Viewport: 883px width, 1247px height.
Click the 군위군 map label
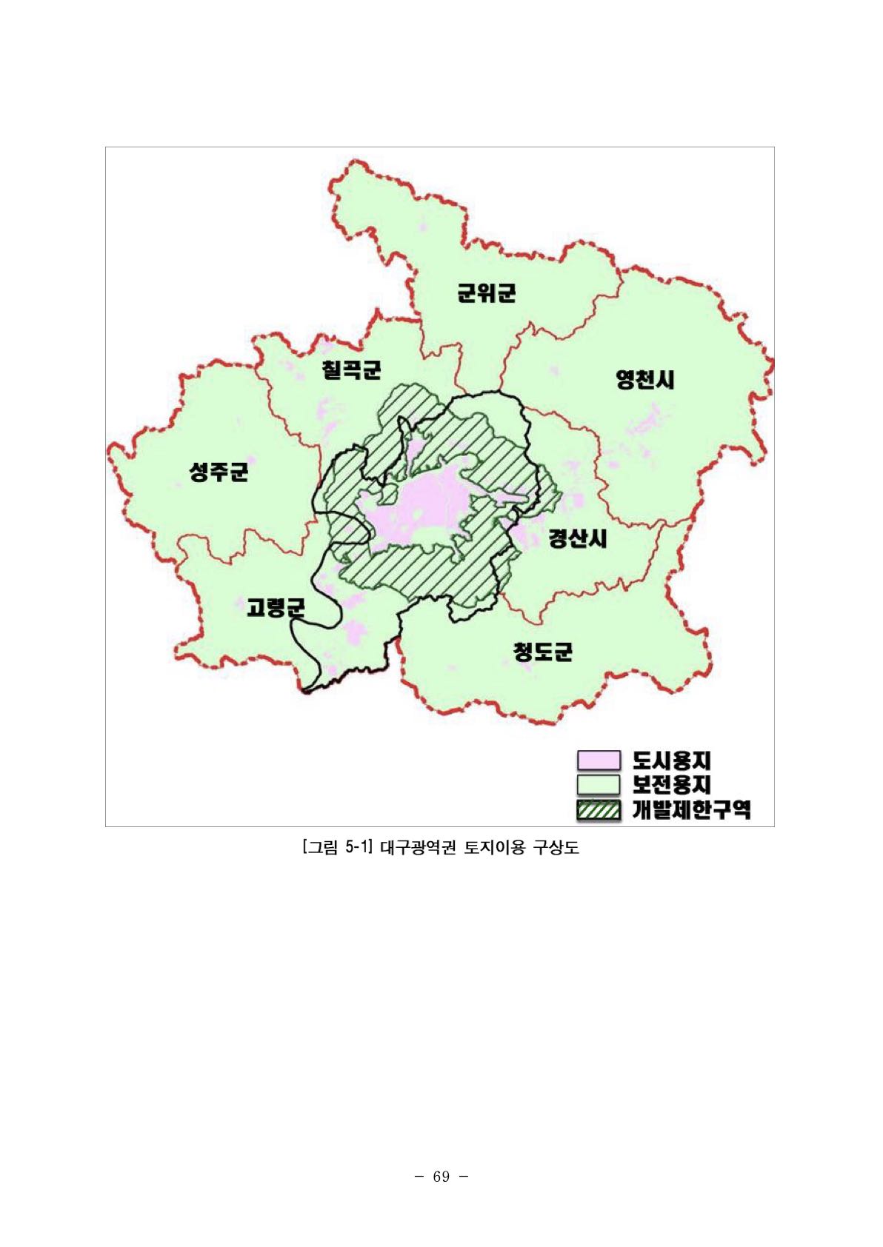(x=486, y=293)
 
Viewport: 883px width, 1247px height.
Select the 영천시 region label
(x=645, y=380)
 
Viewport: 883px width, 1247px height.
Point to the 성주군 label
(x=219, y=471)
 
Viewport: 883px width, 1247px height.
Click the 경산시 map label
(x=578, y=538)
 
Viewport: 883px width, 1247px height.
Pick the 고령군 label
(x=276, y=609)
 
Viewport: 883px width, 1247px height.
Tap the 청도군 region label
(x=543, y=652)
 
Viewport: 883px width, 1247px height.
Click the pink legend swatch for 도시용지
(x=598, y=760)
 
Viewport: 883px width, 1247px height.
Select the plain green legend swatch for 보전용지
(x=598, y=784)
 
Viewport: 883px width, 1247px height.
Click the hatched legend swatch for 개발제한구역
(x=598, y=809)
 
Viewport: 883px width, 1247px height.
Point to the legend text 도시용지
(x=672, y=760)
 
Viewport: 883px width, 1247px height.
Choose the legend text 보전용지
(x=672, y=784)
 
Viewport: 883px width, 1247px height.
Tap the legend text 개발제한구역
(x=691, y=809)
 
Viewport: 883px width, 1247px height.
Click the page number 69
(x=441, y=1177)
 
